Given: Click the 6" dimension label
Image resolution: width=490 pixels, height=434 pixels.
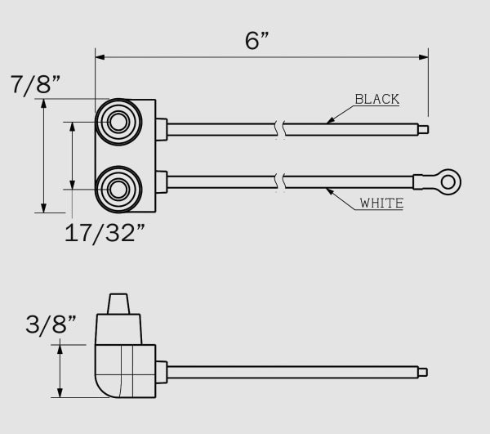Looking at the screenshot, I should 259,40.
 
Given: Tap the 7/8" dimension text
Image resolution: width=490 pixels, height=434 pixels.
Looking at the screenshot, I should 38,84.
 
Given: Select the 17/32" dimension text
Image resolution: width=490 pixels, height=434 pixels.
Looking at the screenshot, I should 105,232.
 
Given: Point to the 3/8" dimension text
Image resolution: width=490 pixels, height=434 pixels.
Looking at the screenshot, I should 51,325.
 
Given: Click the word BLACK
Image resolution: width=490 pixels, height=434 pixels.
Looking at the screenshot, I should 376,100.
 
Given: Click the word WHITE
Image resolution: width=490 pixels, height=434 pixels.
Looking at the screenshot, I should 381,203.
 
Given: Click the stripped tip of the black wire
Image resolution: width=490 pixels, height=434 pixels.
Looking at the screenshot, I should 422,128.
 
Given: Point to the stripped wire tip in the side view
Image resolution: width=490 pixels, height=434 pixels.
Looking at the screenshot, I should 422,373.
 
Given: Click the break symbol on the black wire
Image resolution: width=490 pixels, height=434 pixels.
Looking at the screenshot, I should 281,128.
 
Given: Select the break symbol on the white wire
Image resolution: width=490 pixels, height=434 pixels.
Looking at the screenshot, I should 281,178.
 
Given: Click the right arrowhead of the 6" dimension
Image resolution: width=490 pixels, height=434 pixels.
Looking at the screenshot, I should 424,57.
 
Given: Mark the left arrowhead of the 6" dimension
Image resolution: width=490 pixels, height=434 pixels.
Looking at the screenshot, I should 100,57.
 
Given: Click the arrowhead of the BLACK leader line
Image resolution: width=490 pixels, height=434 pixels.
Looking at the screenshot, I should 329,122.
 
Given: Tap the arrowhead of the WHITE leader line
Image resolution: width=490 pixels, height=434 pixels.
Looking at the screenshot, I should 329,190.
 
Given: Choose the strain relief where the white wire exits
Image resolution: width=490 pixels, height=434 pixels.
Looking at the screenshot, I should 161,178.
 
